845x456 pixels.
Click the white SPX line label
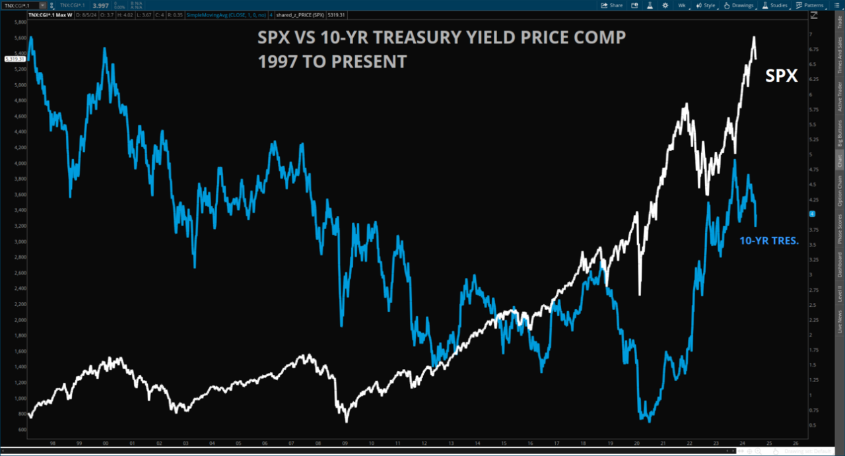click(782, 77)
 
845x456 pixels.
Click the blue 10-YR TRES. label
click(768, 242)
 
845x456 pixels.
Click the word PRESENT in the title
click(367, 61)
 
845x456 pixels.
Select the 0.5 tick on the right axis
click(813, 424)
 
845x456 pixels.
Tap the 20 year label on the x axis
click(636, 443)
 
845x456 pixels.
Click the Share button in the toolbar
click(611, 5)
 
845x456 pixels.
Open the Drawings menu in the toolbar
click(738, 5)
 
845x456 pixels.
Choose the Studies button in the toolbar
click(775, 5)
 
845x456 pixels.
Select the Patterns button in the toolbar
click(810, 5)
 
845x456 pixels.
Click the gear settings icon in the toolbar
click(665, 5)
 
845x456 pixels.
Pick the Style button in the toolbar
click(706, 5)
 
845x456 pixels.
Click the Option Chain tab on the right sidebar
click(840, 191)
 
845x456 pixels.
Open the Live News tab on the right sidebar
click(840, 319)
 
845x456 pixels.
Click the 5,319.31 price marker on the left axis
click(15, 59)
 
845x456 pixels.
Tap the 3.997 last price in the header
click(100, 5)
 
